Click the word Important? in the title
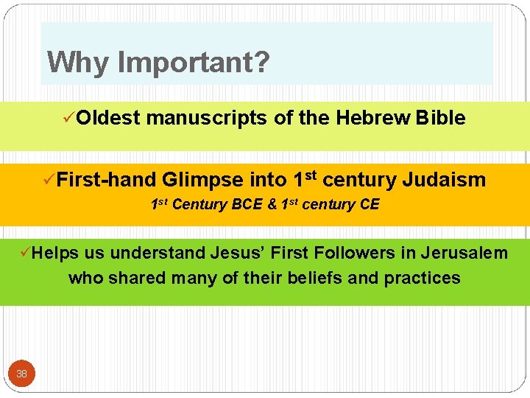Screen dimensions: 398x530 (x=194, y=63)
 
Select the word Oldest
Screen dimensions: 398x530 (x=107, y=118)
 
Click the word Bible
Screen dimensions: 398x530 (x=440, y=118)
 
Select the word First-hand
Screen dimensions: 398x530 (x=106, y=179)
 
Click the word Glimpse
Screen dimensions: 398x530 (x=203, y=179)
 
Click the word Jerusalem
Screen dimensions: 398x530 (x=464, y=253)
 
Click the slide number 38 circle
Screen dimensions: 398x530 (x=21, y=374)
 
